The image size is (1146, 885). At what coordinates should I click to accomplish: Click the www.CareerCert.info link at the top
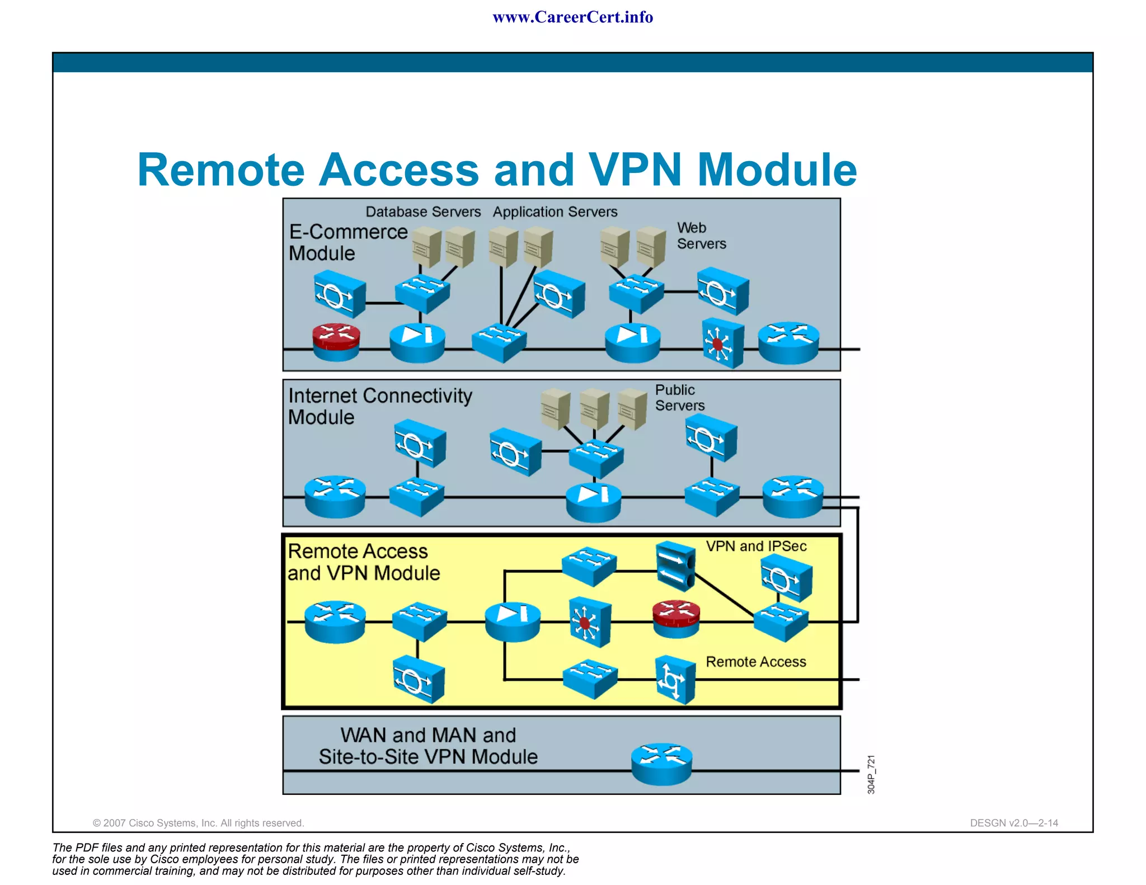point(572,17)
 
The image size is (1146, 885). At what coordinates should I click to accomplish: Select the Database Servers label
point(423,212)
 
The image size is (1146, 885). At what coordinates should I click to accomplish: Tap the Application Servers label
point(555,212)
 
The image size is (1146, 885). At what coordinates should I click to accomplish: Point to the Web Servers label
point(701,236)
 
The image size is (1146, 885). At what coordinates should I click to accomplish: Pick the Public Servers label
point(679,398)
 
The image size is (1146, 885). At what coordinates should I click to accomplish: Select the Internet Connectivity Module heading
point(379,406)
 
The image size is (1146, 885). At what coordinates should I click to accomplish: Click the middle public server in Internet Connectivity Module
point(594,409)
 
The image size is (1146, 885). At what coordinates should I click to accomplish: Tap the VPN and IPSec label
point(755,547)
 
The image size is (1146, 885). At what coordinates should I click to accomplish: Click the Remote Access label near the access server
point(755,662)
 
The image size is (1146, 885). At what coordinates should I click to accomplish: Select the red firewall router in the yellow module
point(676,618)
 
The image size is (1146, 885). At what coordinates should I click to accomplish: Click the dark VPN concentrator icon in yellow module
point(675,566)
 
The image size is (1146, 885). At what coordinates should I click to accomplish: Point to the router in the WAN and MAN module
point(661,764)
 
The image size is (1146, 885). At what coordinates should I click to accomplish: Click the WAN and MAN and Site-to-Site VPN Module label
point(428,746)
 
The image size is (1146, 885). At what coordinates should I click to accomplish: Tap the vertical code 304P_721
point(871,774)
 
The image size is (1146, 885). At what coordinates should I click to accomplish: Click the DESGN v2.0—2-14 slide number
point(1013,823)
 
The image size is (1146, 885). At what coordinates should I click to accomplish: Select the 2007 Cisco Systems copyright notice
point(198,823)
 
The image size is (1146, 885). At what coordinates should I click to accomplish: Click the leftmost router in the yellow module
point(335,622)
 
